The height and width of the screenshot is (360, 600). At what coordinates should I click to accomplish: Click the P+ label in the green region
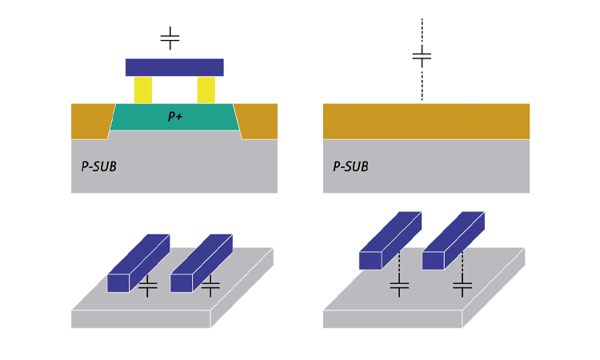[174, 117]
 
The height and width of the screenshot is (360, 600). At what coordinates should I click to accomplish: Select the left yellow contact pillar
[143, 90]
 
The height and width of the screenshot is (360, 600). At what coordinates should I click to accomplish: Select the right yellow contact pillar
[206, 90]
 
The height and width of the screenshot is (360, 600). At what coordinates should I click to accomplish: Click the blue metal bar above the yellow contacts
[174, 67]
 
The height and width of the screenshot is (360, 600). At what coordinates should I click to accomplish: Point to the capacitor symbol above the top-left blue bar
[170, 38]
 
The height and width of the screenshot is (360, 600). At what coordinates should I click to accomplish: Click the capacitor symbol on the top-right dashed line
[422, 57]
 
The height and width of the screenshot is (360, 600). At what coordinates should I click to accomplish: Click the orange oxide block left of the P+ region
[90, 120]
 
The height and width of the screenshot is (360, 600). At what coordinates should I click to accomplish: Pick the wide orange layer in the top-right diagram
[426, 121]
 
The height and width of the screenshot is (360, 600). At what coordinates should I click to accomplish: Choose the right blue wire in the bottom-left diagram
[200, 263]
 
